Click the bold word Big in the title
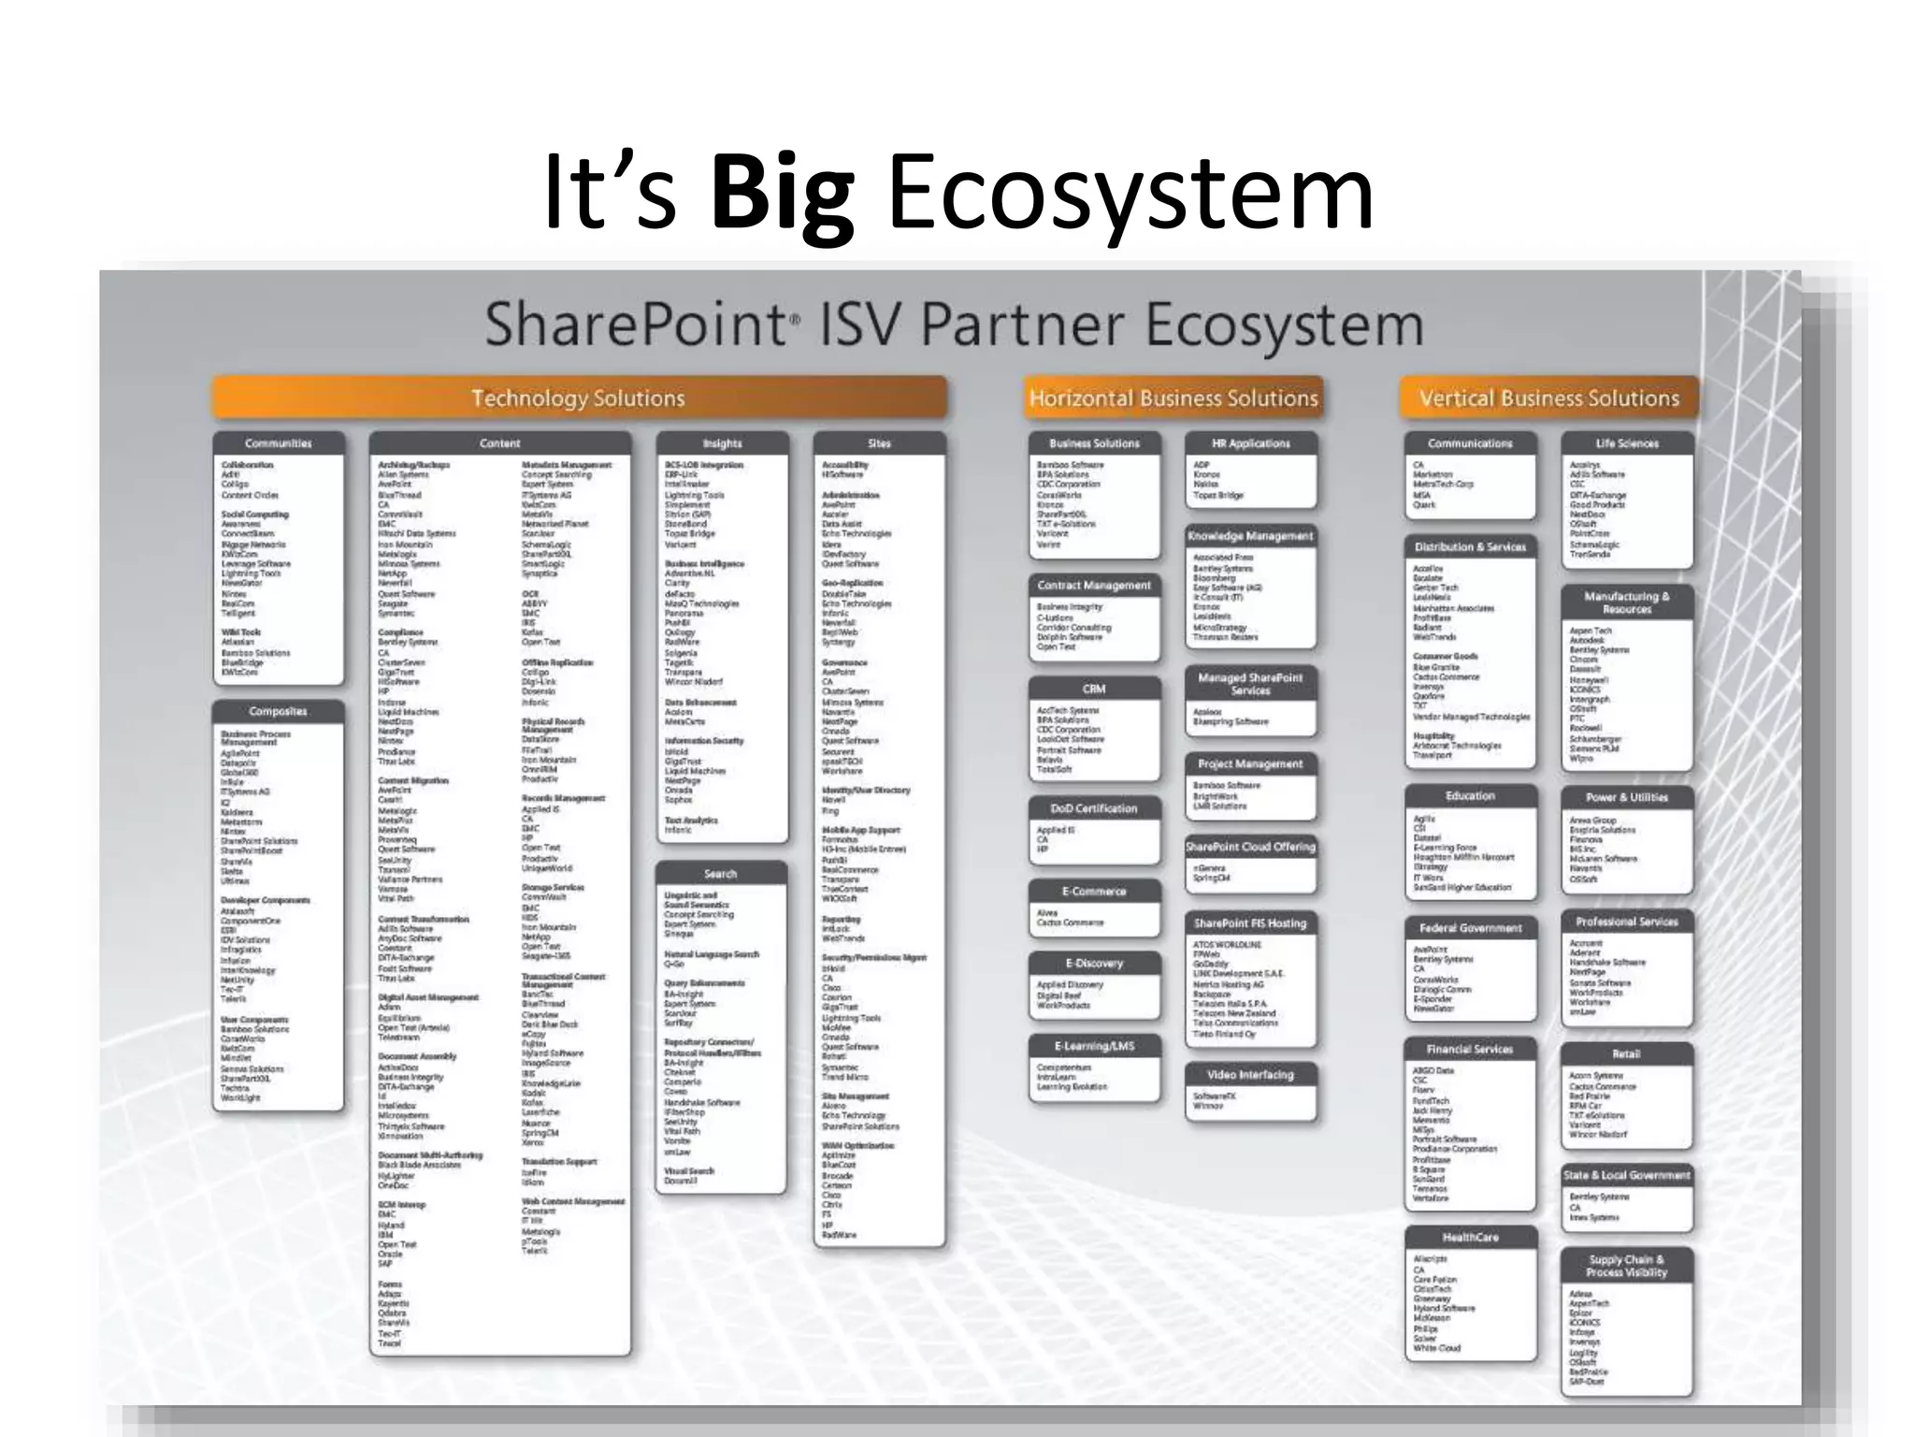coord(782,194)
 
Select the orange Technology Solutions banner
coord(579,398)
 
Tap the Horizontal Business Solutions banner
coord(1173,399)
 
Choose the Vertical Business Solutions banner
coord(1548,399)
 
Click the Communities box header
coord(279,443)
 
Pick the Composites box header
coord(279,711)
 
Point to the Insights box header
coord(722,443)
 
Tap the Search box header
coord(720,874)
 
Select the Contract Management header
coord(1094,586)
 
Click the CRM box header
coord(1094,689)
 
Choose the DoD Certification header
coord(1094,808)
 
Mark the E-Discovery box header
coord(1094,963)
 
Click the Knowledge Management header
coord(1250,536)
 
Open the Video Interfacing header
coord(1250,1075)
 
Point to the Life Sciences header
coord(1627,443)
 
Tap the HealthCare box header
coord(1470,1237)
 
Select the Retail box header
coord(1627,1053)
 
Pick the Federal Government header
coord(1470,928)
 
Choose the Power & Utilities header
coord(1627,797)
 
